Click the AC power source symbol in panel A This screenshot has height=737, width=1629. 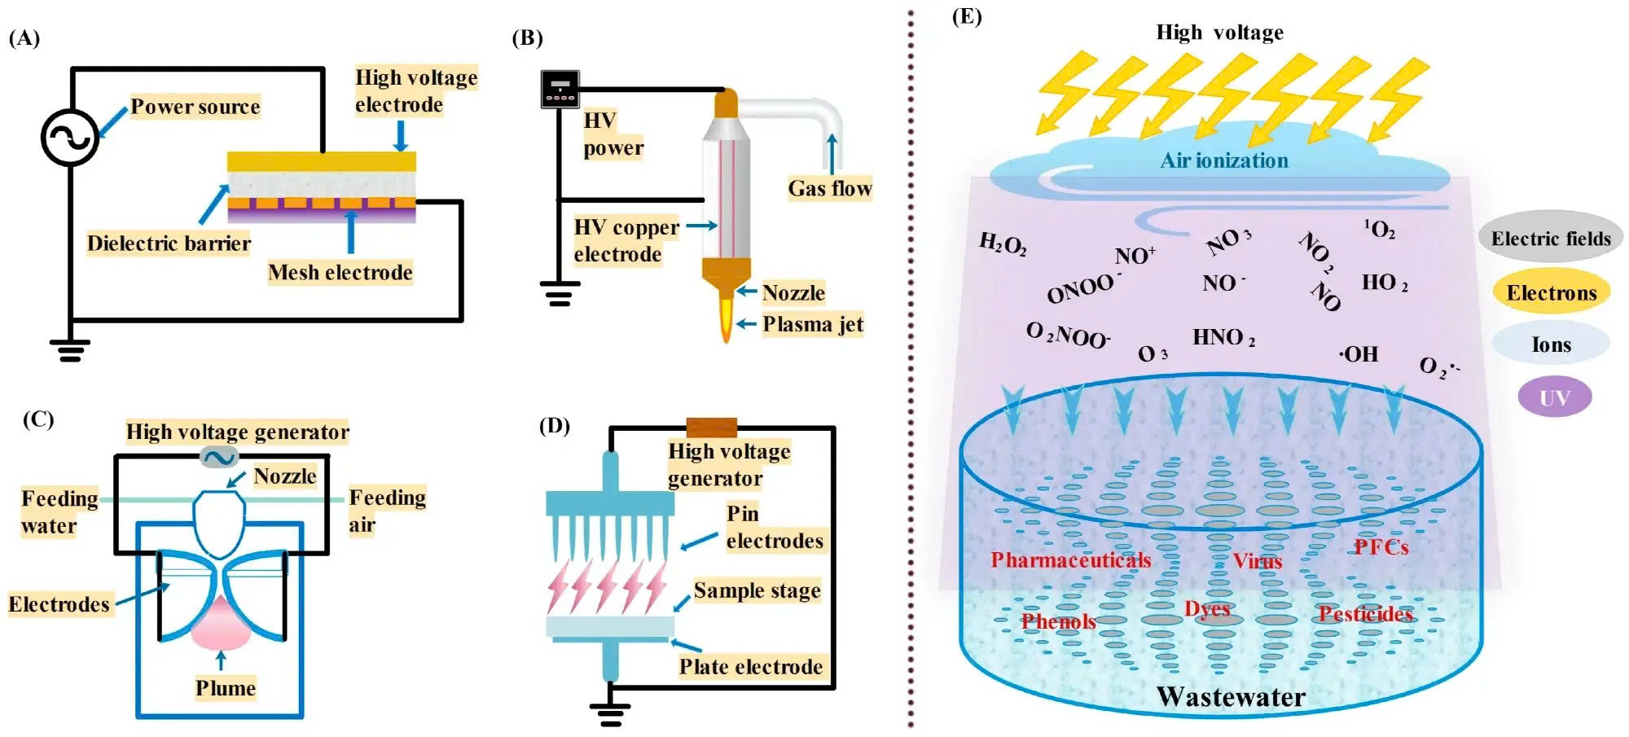70,138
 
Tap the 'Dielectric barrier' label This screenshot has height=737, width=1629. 169,243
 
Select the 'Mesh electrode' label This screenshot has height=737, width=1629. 340,272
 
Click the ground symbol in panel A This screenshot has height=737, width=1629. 70,351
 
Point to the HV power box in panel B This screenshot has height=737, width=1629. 560,90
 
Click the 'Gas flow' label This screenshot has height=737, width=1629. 829,188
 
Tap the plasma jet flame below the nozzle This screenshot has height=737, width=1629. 724,319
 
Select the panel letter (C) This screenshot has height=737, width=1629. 38,419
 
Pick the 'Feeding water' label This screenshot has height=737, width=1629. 59,511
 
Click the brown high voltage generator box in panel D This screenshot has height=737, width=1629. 711,428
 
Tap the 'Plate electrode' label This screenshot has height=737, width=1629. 750,667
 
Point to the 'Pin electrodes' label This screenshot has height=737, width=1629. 774,527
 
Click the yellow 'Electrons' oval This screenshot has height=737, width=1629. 1551,292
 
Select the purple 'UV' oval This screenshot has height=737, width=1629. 1554,397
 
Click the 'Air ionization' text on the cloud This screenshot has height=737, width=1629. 1224,160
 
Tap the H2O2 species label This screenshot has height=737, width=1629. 1003,243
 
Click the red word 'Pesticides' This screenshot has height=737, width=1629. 1365,614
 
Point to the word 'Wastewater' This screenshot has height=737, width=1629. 1231,697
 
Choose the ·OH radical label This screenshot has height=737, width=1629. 1359,354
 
